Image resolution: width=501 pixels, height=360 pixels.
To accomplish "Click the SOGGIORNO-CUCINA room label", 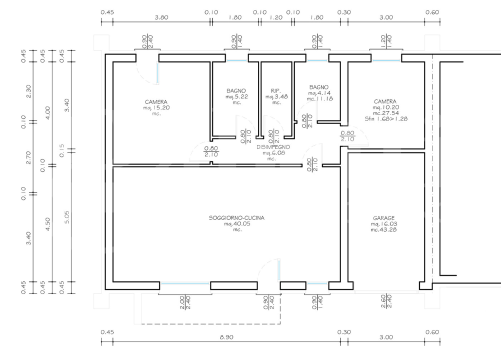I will (x=236, y=218).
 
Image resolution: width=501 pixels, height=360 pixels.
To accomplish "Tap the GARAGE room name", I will (x=384, y=218).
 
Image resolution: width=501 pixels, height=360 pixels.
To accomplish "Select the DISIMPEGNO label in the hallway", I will (x=273, y=147).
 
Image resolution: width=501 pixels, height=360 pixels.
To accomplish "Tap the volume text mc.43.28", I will (x=384, y=229).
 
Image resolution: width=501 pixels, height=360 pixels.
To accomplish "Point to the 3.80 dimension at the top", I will (x=161, y=17).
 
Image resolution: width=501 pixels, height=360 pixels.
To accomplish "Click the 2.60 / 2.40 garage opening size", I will (x=385, y=302).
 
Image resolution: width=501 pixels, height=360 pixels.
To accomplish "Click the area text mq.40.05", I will (x=236, y=224).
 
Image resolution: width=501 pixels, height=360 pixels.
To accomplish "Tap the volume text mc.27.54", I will (x=385, y=113).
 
